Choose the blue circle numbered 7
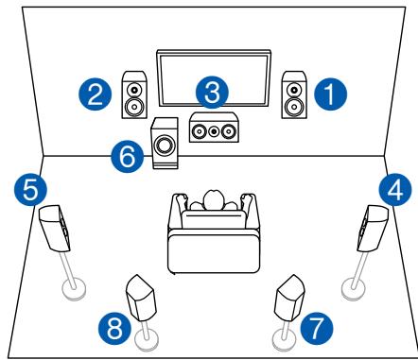[x=315, y=330]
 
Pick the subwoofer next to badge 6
[x=167, y=145]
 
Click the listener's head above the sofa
[x=212, y=200]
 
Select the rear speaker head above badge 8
[x=141, y=297]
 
